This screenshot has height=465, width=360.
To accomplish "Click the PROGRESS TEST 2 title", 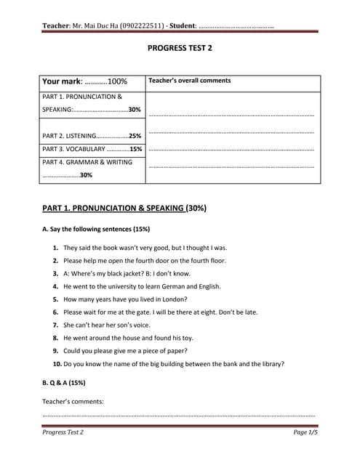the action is point(180,48).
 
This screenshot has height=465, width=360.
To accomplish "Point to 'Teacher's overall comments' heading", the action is point(189,81).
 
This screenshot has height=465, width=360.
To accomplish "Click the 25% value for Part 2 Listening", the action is point(135,136).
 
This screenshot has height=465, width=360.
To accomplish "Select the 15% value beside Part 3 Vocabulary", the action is point(135,149).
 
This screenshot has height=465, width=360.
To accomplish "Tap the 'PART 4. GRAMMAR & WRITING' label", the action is point(87,162).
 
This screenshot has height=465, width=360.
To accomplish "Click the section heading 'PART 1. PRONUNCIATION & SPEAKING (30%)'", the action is point(124,208).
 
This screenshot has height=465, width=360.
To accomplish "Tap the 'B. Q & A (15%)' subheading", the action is point(64,382).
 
